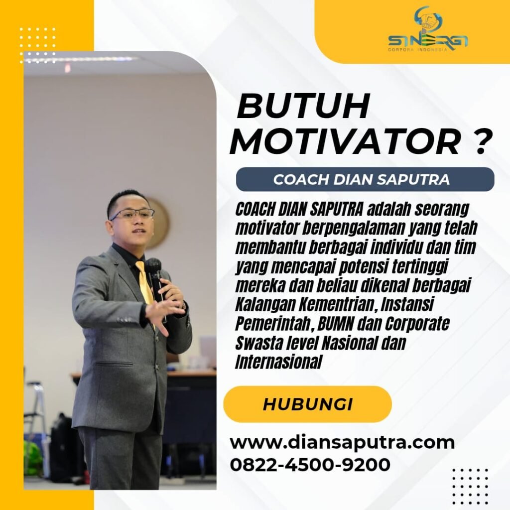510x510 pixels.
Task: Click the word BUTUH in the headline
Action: click(303, 106)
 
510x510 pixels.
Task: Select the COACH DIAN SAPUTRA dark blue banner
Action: click(365, 179)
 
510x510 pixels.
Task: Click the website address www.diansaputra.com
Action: click(342, 442)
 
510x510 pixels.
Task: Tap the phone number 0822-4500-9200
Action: click(310, 464)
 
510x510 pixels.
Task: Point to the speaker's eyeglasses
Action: click(132, 214)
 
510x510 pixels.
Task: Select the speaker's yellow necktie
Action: click(145, 283)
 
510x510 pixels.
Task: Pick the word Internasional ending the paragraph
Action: click(278, 362)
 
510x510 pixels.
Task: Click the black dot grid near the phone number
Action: click(470, 486)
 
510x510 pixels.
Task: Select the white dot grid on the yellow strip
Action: click(37, 45)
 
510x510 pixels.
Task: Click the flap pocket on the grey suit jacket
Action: click(114, 363)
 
